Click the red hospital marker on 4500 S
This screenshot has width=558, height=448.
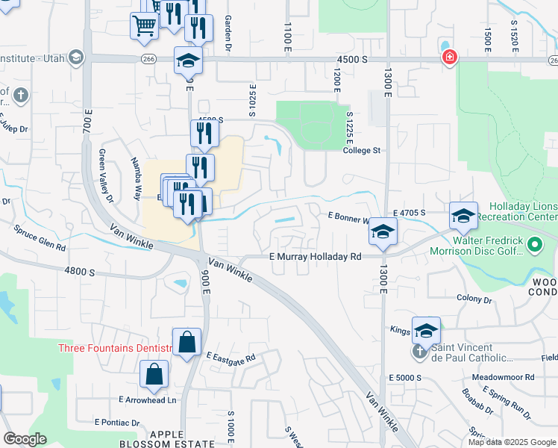[449, 57]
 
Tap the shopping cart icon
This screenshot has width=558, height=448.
[144, 25]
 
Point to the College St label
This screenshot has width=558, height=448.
[362, 150]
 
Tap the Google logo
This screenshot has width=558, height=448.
[25, 439]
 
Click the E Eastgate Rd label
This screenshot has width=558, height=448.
[231, 358]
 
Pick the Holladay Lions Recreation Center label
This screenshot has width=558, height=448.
[521, 211]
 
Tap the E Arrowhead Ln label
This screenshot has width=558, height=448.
[147, 400]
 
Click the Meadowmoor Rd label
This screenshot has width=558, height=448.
[510, 377]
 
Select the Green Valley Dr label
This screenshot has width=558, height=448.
[105, 175]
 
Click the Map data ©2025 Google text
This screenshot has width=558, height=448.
[511, 442]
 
